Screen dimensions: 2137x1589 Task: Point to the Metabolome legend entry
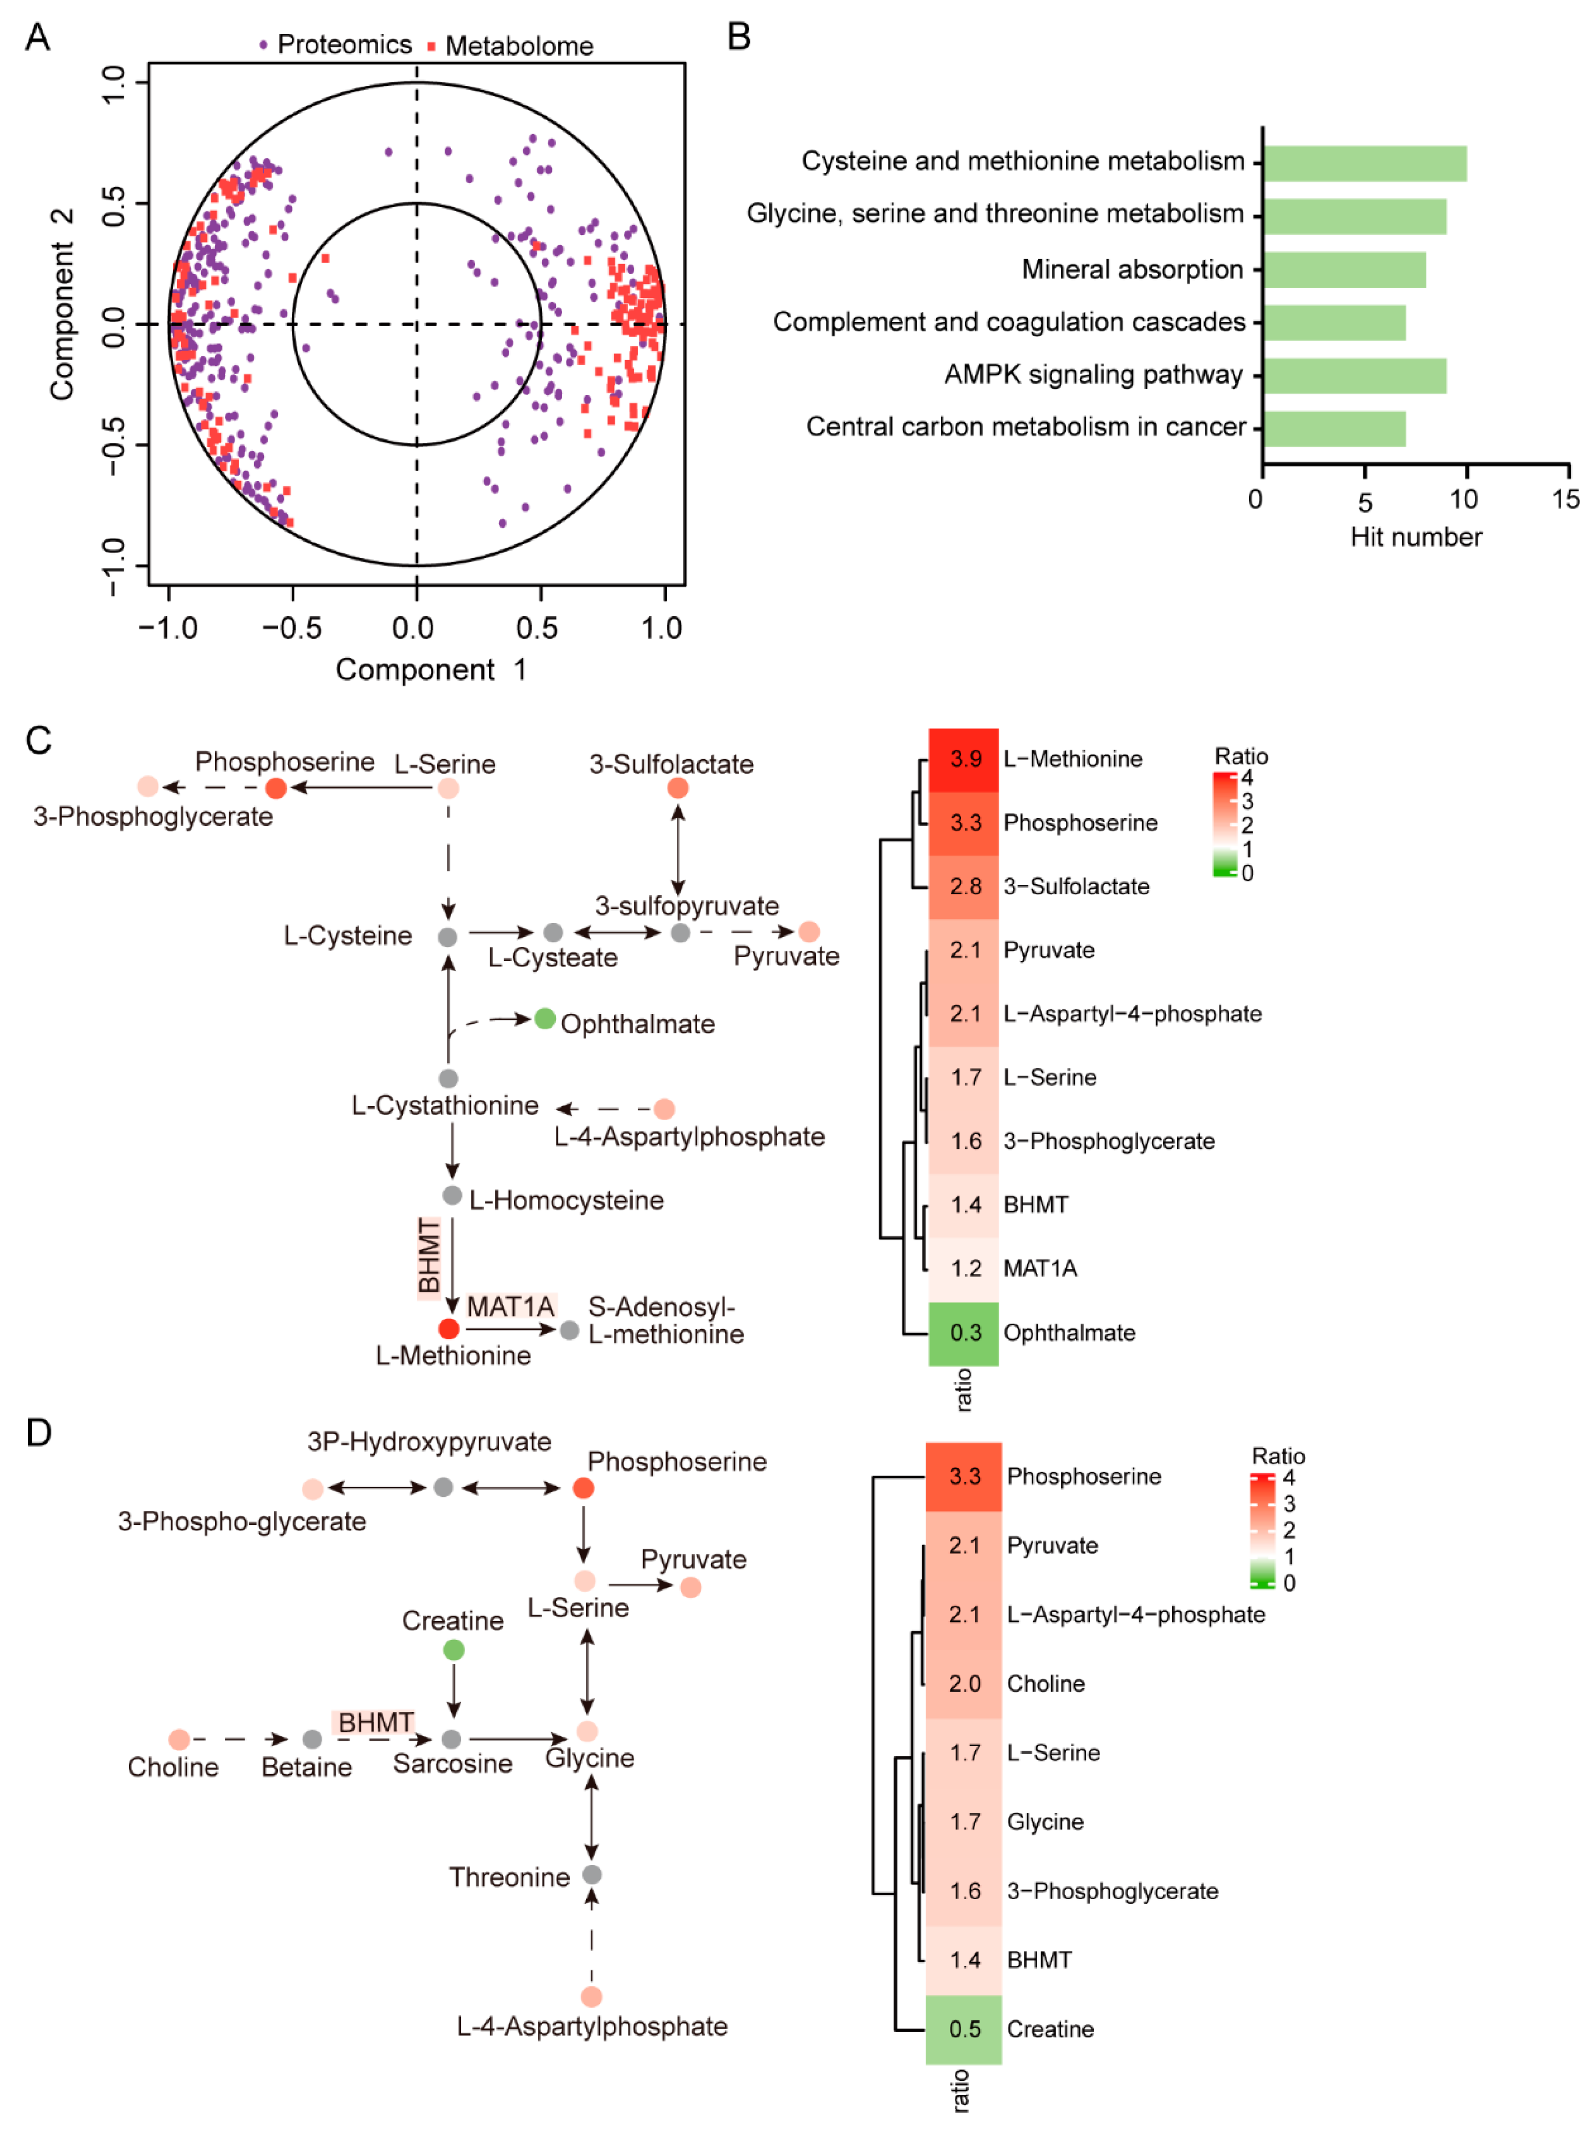(x=510, y=46)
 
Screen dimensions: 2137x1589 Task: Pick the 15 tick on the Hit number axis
(x=1565, y=499)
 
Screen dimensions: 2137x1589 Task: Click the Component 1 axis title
(x=431, y=670)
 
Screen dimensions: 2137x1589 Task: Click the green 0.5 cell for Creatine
(x=964, y=2028)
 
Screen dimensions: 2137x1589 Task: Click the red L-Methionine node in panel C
(x=448, y=1329)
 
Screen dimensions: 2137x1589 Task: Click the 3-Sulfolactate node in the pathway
(x=678, y=788)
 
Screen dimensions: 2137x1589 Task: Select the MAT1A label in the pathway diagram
(x=511, y=1307)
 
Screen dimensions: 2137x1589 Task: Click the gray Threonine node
(x=592, y=1874)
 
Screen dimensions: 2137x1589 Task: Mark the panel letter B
(x=739, y=37)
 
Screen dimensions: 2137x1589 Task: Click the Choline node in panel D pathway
(x=179, y=1739)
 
